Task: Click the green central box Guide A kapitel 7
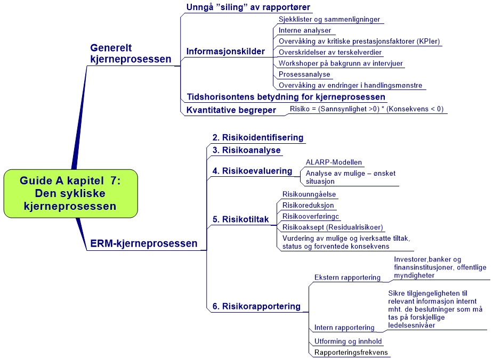point(70,193)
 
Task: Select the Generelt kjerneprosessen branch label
point(131,54)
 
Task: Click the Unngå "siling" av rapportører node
point(248,7)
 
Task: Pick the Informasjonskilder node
point(225,52)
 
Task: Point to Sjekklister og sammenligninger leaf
point(329,19)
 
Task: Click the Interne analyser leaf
point(305,30)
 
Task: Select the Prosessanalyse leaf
point(304,74)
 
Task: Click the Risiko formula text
point(366,109)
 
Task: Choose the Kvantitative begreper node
point(231,110)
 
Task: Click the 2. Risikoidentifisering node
point(258,137)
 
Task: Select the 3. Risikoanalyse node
point(246,150)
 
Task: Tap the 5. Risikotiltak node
point(240,219)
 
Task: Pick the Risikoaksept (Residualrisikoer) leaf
point(333,227)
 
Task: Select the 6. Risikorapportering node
point(256,306)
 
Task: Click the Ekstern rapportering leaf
point(347,277)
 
